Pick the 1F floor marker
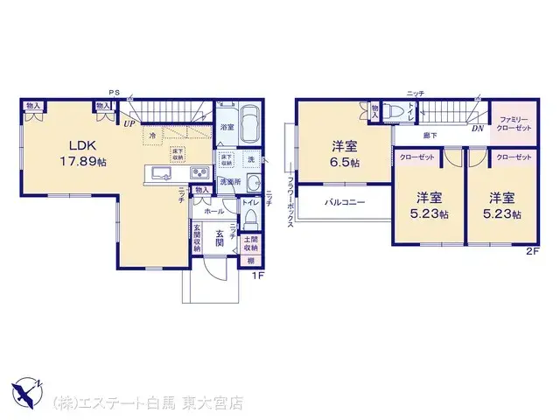point(257,276)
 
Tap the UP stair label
point(129,124)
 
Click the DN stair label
point(478,129)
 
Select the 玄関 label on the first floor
point(213,245)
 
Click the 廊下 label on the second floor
point(429,136)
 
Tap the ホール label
point(213,212)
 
